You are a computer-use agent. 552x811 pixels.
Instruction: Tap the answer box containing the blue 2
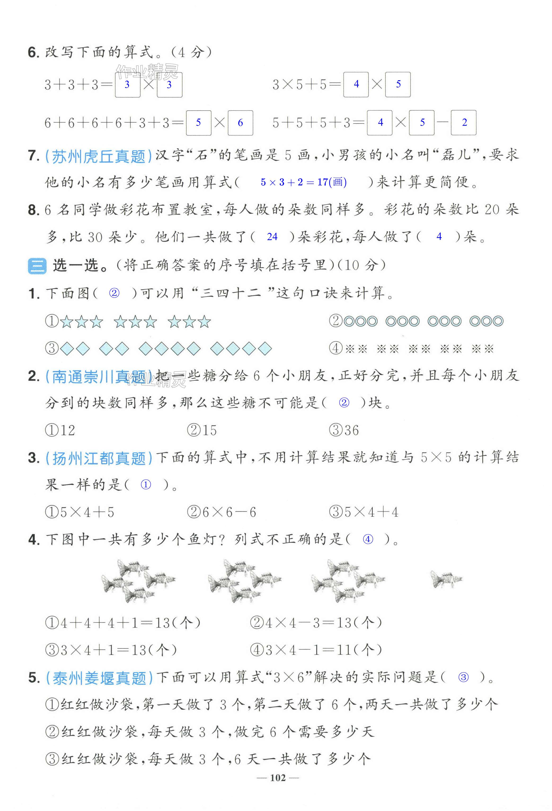pos(464,122)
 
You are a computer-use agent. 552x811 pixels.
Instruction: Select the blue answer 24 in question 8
pos(272,237)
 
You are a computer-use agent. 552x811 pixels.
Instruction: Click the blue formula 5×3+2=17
pos(303,182)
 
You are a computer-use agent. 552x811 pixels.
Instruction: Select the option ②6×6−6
pos(221,512)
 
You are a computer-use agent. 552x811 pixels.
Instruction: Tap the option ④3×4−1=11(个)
pos(316,650)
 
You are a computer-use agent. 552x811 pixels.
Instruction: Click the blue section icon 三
pos(37,266)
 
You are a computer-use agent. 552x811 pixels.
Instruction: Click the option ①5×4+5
pos(80,512)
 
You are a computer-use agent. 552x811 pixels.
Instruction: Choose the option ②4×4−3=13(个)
pos(316,623)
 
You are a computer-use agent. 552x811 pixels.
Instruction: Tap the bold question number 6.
pos(33,52)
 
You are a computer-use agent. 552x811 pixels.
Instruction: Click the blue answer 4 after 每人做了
pos(439,237)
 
